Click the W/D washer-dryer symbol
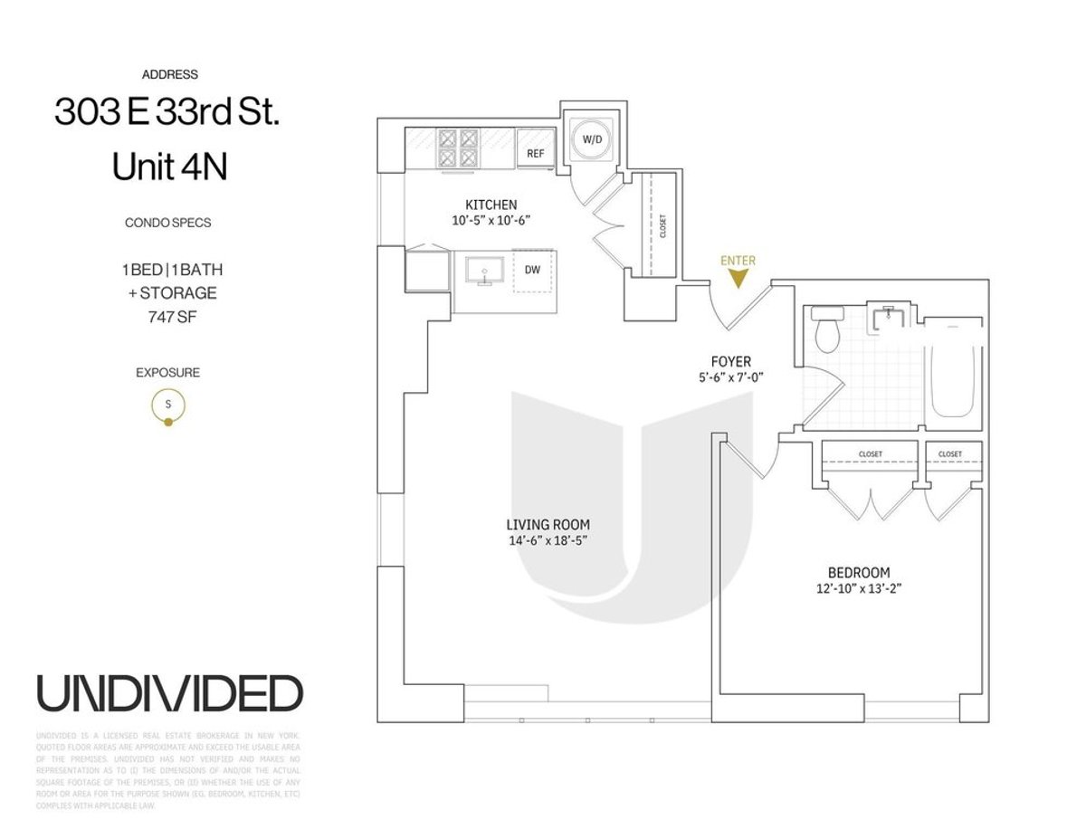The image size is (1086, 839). [591, 140]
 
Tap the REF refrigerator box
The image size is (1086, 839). [535, 153]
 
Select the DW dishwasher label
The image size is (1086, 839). [534, 269]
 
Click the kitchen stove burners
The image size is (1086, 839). [458, 148]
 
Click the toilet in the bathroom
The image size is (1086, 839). [827, 331]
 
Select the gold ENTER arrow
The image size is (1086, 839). [738, 278]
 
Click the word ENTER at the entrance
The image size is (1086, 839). [738, 261]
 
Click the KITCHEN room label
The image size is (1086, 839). [491, 205]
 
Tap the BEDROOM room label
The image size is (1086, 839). [858, 572]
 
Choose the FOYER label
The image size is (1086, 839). [731, 362]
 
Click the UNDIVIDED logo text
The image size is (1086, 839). [169, 693]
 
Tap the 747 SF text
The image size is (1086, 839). [167, 317]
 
